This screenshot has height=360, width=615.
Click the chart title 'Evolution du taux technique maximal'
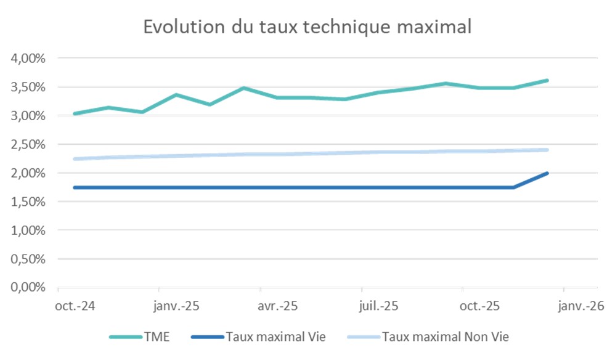point(307,27)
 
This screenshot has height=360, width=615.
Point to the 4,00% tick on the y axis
point(29,59)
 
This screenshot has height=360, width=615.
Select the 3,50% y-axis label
point(29,87)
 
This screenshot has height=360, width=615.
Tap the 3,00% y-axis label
point(29,116)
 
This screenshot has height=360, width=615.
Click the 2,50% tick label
point(29,144)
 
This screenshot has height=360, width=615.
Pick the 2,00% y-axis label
point(29,173)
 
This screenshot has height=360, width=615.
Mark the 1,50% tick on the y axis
point(29,202)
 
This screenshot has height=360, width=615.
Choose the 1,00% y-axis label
point(29,231)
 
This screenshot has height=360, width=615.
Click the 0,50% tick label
point(29,259)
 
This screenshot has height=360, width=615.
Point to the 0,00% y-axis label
point(29,288)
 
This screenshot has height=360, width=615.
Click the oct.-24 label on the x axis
point(75,306)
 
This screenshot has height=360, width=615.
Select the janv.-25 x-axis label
point(176,306)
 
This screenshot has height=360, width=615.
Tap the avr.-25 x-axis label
point(277,306)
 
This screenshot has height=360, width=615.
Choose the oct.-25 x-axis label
point(479,306)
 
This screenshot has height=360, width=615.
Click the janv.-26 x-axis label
point(580,306)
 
